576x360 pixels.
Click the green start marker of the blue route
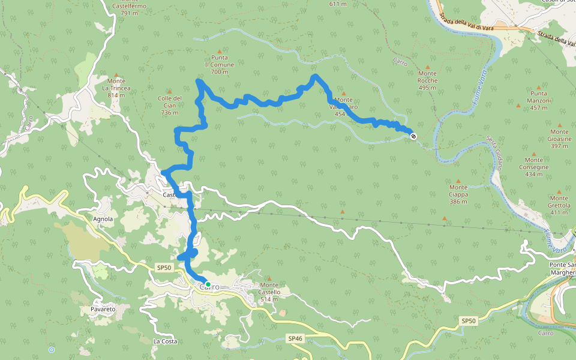(x=208, y=284)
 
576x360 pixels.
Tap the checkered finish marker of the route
(x=413, y=136)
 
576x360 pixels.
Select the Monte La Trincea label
(x=116, y=88)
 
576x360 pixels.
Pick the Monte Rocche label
(x=427, y=80)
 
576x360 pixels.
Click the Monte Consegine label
(x=533, y=167)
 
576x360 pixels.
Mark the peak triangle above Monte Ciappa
(x=458, y=180)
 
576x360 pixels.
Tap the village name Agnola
(x=103, y=219)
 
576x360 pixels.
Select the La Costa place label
(x=164, y=341)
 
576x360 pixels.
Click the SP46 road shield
(x=295, y=338)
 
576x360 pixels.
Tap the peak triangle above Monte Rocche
(x=427, y=67)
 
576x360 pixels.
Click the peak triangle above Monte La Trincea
(x=116, y=74)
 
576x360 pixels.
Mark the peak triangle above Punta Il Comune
(x=219, y=51)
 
